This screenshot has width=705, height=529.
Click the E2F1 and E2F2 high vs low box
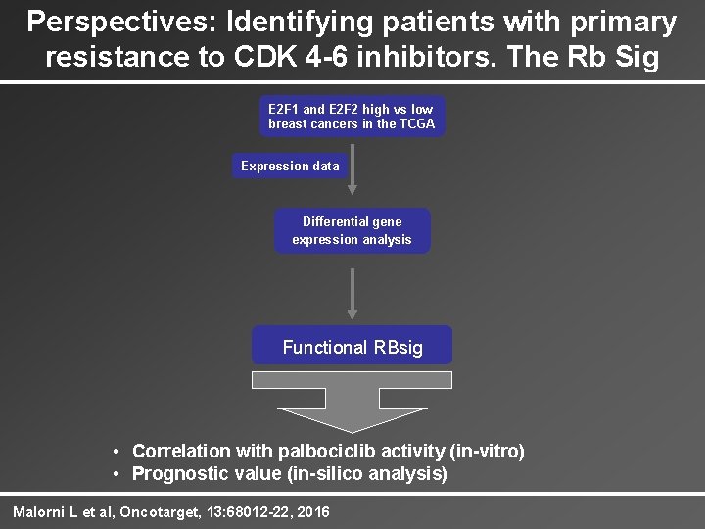tap(352, 116)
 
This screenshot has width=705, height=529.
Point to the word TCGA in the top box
tap(413, 123)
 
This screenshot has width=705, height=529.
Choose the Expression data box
tap(290, 166)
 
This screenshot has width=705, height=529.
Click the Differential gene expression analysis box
tap(352, 231)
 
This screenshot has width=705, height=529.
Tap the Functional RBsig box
tap(352, 347)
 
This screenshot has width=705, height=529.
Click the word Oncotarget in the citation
tap(160, 512)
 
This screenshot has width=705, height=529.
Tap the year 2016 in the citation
tap(311, 512)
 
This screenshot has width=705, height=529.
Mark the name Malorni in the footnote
tap(38, 512)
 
